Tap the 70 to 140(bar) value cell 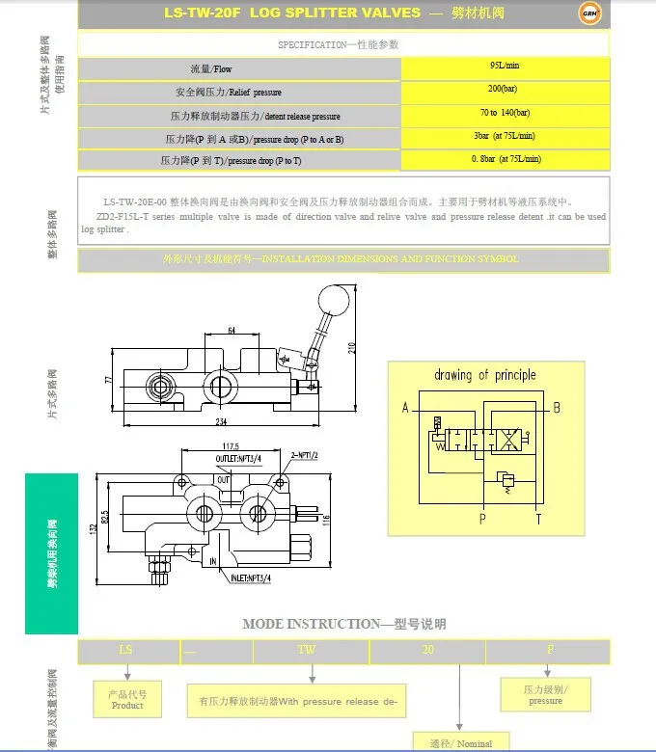coord(505,113)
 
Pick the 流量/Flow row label coord(211,69)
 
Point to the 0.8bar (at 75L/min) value coord(506,159)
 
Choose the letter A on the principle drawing coord(406,408)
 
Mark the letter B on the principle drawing coord(556,408)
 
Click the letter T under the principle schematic coord(538,519)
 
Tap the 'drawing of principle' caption coord(485,375)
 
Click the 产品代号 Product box coord(127,699)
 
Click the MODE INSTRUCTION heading coord(343,624)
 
